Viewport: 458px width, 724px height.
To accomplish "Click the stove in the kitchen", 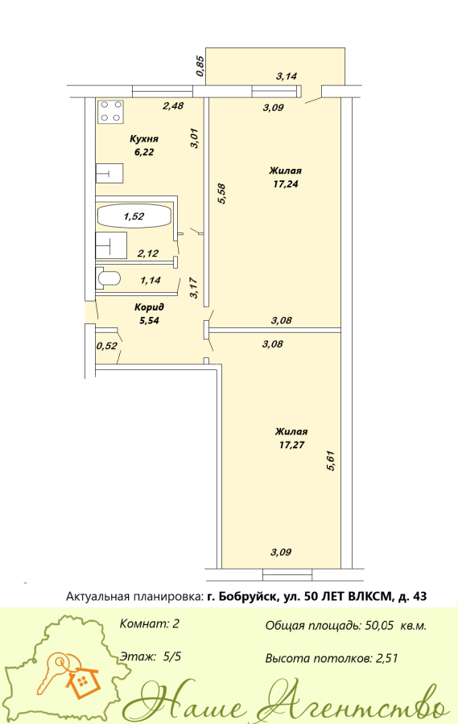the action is pyautogui.click(x=111, y=111).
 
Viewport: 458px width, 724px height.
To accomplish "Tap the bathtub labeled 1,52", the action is pyautogui.click(x=134, y=216).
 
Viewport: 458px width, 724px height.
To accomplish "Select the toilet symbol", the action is pyautogui.click(x=109, y=278).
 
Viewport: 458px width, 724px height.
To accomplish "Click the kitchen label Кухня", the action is pyautogui.click(x=144, y=139).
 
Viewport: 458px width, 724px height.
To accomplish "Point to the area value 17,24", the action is pyautogui.click(x=286, y=183).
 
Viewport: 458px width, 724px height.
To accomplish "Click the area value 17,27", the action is pyautogui.click(x=291, y=445).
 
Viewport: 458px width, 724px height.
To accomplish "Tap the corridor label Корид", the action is pyautogui.click(x=149, y=307).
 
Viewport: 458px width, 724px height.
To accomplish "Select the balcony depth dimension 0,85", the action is pyautogui.click(x=200, y=66).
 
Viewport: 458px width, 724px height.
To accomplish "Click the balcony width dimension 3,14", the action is pyautogui.click(x=286, y=76).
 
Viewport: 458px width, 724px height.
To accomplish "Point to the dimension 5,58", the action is pyautogui.click(x=221, y=194).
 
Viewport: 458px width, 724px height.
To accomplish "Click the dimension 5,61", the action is pyautogui.click(x=331, y=460).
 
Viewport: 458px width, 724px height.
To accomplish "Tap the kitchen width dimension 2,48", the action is pyautogui.click(x=173, y=105).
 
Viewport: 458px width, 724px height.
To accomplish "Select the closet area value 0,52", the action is pyautogui.click(x=107, y=345).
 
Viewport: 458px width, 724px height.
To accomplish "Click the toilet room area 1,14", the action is pyautogui.click(x=151, y=279).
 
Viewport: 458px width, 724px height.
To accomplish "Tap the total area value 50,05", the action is pyautogui.click(x=379, y=626).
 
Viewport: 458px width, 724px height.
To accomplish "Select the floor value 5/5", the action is pyautogui.click(x=172, y=656).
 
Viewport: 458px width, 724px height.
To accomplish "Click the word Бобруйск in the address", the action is pyautogui.click(x=246, y=597).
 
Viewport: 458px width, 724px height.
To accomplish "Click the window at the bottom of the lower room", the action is pyautogui.click(x=288, y=575).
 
